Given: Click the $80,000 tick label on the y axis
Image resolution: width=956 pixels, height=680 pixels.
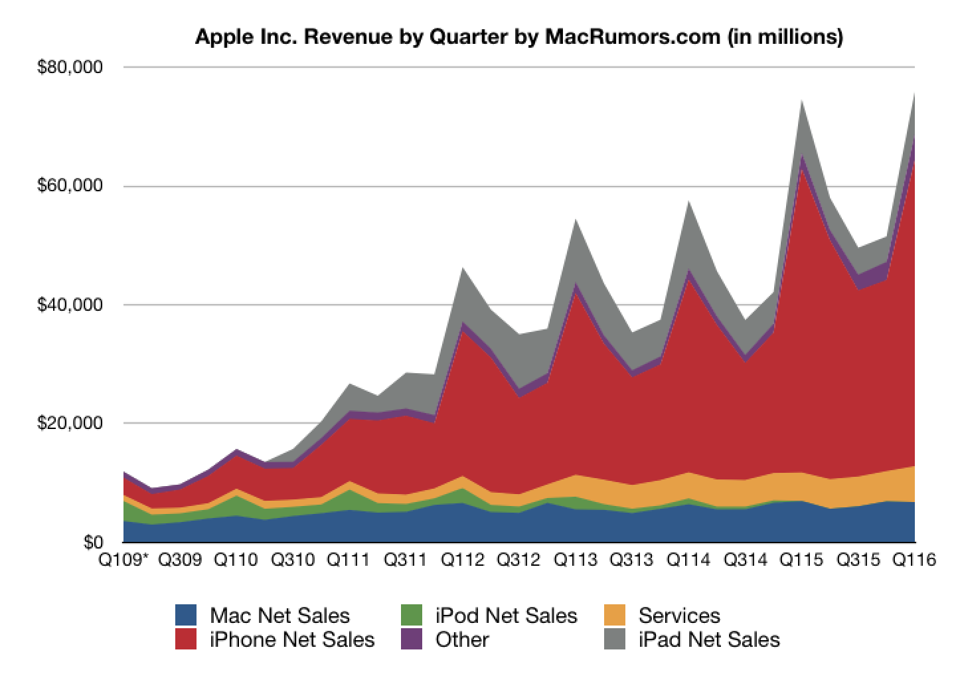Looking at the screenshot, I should [72, 68].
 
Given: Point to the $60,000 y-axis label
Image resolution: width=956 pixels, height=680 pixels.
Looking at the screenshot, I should [72, 186].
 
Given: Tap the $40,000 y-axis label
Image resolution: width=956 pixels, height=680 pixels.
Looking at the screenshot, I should [72, 305].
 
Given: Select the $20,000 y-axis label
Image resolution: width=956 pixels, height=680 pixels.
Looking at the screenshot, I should [72, 423].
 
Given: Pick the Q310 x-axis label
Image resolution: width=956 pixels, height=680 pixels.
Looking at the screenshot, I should [293, 560].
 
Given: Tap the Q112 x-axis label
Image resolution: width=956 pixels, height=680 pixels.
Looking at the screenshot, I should [462, 560].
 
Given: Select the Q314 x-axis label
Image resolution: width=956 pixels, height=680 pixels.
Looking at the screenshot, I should [744, 560].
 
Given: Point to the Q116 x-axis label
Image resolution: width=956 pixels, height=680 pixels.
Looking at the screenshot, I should [914, 560].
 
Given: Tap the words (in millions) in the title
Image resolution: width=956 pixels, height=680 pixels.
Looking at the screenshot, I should [785, 37].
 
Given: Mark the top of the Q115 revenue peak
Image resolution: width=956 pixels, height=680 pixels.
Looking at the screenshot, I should [802, 100].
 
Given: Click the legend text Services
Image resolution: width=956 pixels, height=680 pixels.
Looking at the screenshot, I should [679, 616].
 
